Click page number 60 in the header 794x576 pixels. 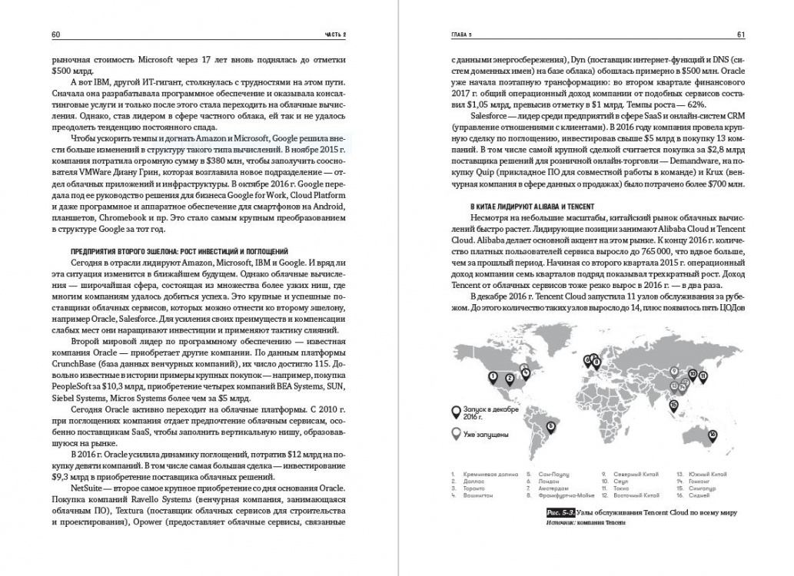pos(55,35)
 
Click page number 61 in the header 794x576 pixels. pos(739,35)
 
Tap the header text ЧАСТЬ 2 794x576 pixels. pos(334,35)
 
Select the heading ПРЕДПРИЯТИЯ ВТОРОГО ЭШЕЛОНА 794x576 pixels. pos(171,250)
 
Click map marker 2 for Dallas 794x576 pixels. pos(509,377)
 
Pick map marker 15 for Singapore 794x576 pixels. pos(673,404)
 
